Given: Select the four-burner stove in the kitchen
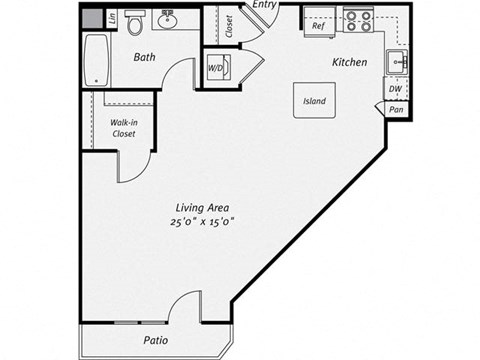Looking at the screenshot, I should click(x=358, y=19).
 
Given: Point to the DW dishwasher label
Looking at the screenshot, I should click(x=396, y=89).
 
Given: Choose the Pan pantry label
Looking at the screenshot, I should click(x=396, y=109).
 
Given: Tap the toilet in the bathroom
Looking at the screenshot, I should click(x=135, y=25).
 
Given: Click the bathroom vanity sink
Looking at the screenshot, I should click(x=168, y=19).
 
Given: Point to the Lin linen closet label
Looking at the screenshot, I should click(x=112, y=18).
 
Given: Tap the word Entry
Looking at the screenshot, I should click(x=264, y=6).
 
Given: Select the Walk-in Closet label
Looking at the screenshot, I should click(x=124, y=127).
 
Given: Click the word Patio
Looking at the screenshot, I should click(x=154, y=340).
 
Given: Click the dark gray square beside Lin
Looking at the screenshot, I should click(x=91, y=18).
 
